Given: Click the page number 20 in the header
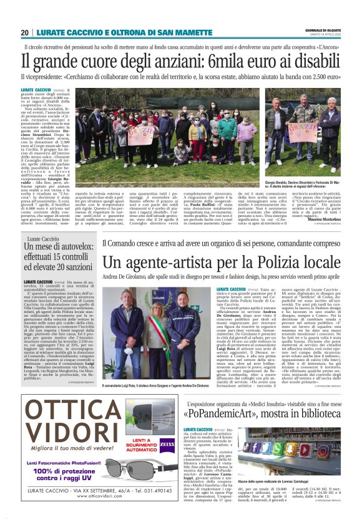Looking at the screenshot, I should point(24,32).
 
